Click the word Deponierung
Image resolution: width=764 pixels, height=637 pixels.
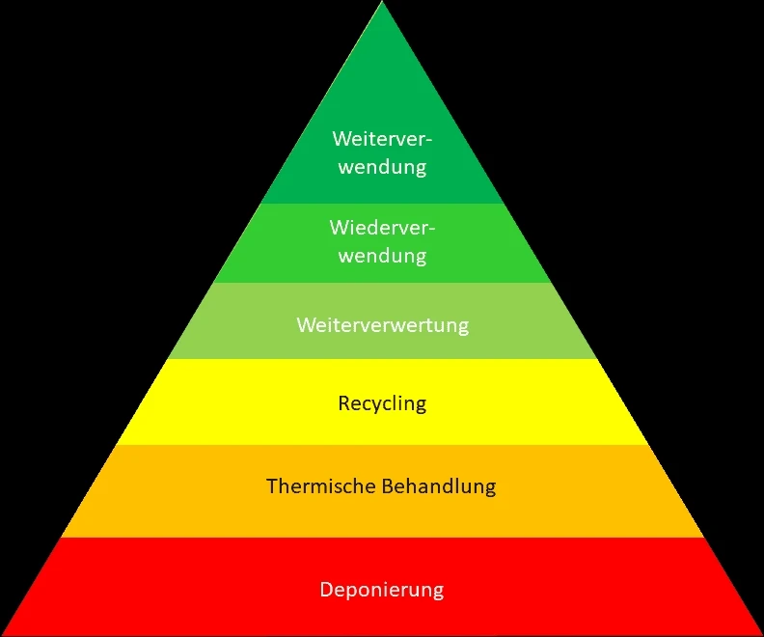coord(382,589)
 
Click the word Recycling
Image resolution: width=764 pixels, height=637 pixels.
coord(382,402)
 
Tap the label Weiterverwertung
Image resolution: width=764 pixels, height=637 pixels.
coord(382,324)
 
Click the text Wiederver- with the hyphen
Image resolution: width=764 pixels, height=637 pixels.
coord(382,229)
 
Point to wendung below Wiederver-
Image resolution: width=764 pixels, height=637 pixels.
coord(382,256)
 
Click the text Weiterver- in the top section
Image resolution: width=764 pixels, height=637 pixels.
coord(382,139)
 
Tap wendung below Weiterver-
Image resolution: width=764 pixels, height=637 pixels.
coord(382,167)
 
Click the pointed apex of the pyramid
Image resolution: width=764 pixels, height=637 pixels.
coord(382,4)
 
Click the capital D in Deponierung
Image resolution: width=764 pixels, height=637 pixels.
coord(326,589)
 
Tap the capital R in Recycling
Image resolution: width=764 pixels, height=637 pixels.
coord(343,402)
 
